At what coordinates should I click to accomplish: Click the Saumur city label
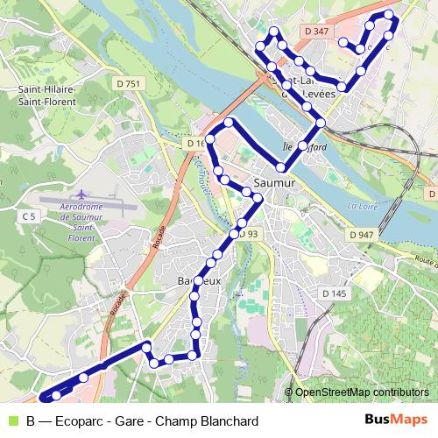pos(274,183)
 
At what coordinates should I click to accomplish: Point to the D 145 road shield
pos(334,293)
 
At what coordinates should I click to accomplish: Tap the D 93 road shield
pos(247,234)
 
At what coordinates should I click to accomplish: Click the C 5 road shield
pos(30,215)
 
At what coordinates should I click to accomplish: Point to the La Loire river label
pos(360,207)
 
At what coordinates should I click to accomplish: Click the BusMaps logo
pos(396,420)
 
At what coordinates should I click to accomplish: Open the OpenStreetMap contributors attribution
pos(362,393)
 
